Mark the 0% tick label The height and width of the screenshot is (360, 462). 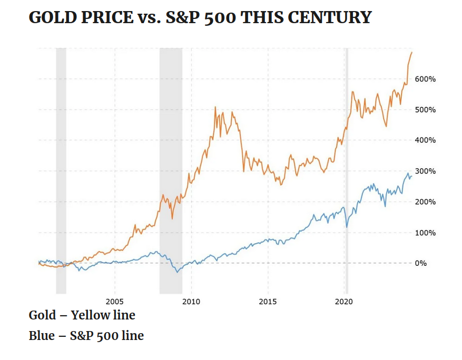pyautogui.click(x=420, y=263)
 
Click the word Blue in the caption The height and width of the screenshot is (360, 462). pyautogui.click(x=41, y=335)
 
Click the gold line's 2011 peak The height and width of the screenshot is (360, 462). pyautogui.click(x=215, y=107)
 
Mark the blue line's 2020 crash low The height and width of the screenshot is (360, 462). pyautogui.click(x=347, y=227)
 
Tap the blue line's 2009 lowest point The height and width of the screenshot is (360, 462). pyautogui.click(x=178, y=272)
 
